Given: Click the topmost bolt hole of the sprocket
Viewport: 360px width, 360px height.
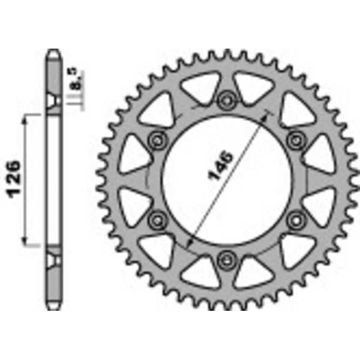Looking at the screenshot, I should (x=226, y=100).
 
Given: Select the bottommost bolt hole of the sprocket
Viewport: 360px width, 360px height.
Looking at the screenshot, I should (x=226, y=259).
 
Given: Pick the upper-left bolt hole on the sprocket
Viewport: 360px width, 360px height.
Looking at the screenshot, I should (x=158, y=140).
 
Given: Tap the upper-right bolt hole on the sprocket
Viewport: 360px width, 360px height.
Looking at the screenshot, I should (x=295, y=140).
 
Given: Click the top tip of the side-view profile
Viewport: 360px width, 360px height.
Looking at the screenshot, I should (x=54, y=51).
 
